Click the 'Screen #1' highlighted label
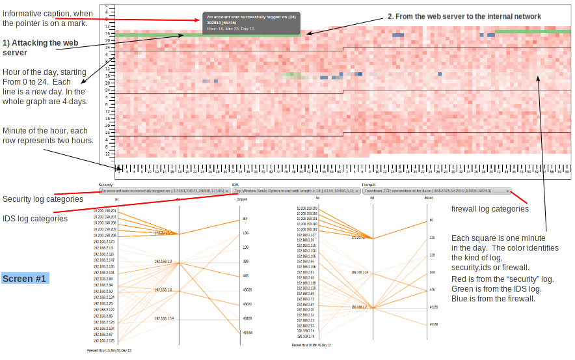[25, 279]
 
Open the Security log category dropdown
[165, 191]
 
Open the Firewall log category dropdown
[436, 191]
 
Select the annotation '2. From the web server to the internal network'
[464, 16]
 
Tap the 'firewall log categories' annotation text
[490, 209]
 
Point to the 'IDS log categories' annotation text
[35, 219]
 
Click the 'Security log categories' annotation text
[43, 199]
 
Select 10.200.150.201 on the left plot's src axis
[104, 211]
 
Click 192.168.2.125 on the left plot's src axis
[103, 340]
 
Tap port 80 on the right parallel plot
[431, 221]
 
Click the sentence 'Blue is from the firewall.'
[493, 299]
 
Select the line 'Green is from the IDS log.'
[494, 289]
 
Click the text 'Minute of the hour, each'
[45, 131]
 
